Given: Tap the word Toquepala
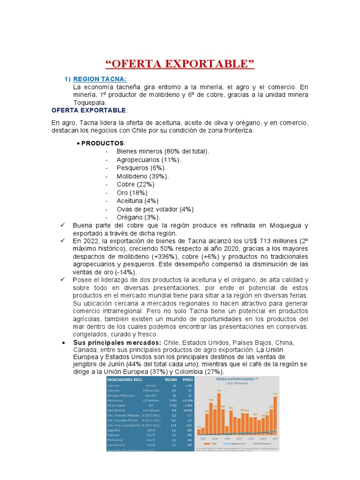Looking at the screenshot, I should coord(90,102).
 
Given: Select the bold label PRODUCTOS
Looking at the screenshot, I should coord(103,143).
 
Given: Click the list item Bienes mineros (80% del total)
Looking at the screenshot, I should coord(163,151).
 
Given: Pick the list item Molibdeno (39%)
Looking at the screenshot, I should coord(143,176).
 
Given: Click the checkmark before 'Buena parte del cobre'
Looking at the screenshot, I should coord(63,225).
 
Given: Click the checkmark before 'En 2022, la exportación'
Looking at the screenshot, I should coord(63,240).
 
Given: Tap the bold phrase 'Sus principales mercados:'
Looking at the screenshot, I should coord(117,343).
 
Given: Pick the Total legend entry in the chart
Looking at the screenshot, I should coord(212,443).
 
